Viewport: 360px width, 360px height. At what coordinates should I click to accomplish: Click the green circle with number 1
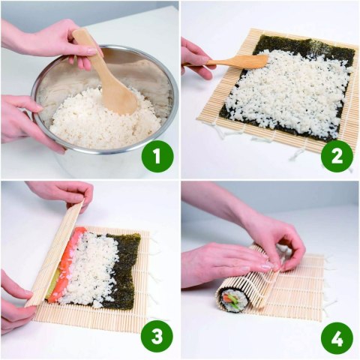click(x=157, y=157)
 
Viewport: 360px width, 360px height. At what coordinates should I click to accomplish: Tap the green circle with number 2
click(x=337, y=157)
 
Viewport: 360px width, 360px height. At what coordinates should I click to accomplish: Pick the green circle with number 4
click(x=337, y=337)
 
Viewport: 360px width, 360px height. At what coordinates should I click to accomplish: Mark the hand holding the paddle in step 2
click(x=196, y=57)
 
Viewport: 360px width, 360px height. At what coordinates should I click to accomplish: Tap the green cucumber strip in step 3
click(x=53, y=289)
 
